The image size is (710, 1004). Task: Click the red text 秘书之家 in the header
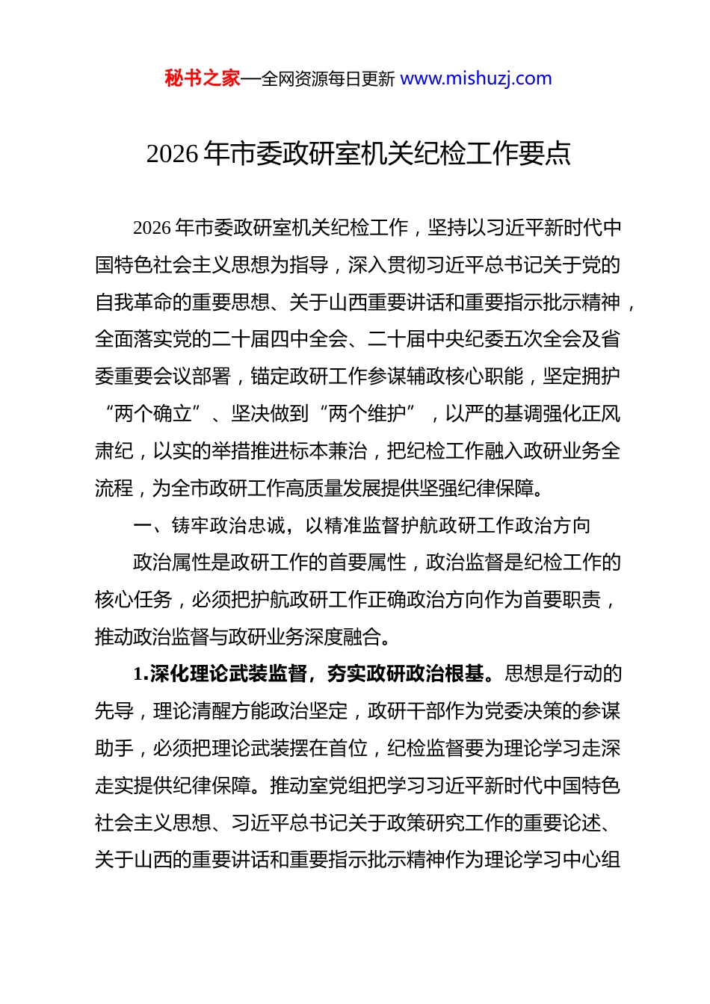[x=203, y=78]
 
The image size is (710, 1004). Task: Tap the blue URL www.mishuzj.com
[x=476, y=78]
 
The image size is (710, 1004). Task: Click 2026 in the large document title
[x=173, y=154]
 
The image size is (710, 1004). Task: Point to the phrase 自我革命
[x=135, y=303]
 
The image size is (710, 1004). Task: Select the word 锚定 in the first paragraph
[x=270, y=377]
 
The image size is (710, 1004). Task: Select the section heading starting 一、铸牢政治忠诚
[x=362, y=526]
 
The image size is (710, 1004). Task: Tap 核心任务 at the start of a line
[x=135, y=600]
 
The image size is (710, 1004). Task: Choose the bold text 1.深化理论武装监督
[x=220, y=674]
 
